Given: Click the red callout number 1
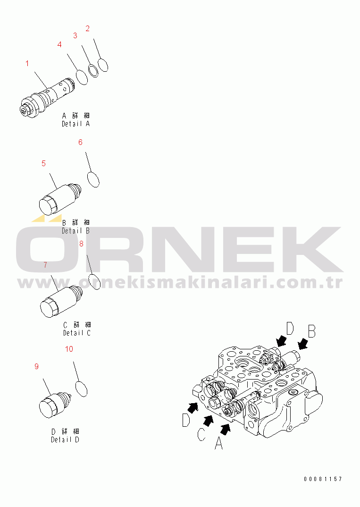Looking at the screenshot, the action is point(27,63).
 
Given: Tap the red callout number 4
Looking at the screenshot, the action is point(59,44).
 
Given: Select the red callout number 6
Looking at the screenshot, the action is point(81,142).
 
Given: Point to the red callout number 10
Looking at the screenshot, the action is point(69,349).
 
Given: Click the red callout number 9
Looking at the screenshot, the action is point(36,366).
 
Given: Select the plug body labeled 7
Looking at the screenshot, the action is point(61,301).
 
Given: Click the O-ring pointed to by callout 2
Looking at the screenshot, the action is point(103,65).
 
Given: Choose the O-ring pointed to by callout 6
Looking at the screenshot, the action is point(93,179).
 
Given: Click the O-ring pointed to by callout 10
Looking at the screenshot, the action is point(82,389).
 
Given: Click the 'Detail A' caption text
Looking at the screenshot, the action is point(76,124).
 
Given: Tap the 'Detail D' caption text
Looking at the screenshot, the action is point(65,440).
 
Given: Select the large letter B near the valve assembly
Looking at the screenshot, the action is point(311,332).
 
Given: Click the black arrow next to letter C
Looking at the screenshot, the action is point(209,421).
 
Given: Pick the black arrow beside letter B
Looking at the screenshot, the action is point(303,344).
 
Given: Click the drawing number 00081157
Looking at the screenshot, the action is point(323,479).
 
